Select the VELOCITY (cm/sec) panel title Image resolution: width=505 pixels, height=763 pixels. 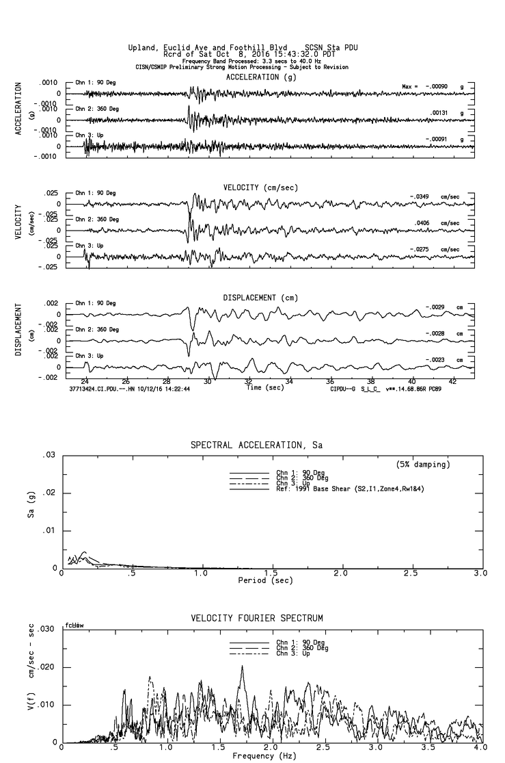tap(260, 187)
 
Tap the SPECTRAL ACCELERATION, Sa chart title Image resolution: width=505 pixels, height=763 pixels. tap(256, 445)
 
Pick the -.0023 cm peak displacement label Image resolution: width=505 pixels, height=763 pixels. tap(436, 359)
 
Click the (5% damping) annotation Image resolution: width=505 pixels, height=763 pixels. tap(423, 464)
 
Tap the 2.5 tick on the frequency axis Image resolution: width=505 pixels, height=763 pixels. tap(324, 749)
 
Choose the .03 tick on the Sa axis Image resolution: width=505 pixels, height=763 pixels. tap(49, 455)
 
